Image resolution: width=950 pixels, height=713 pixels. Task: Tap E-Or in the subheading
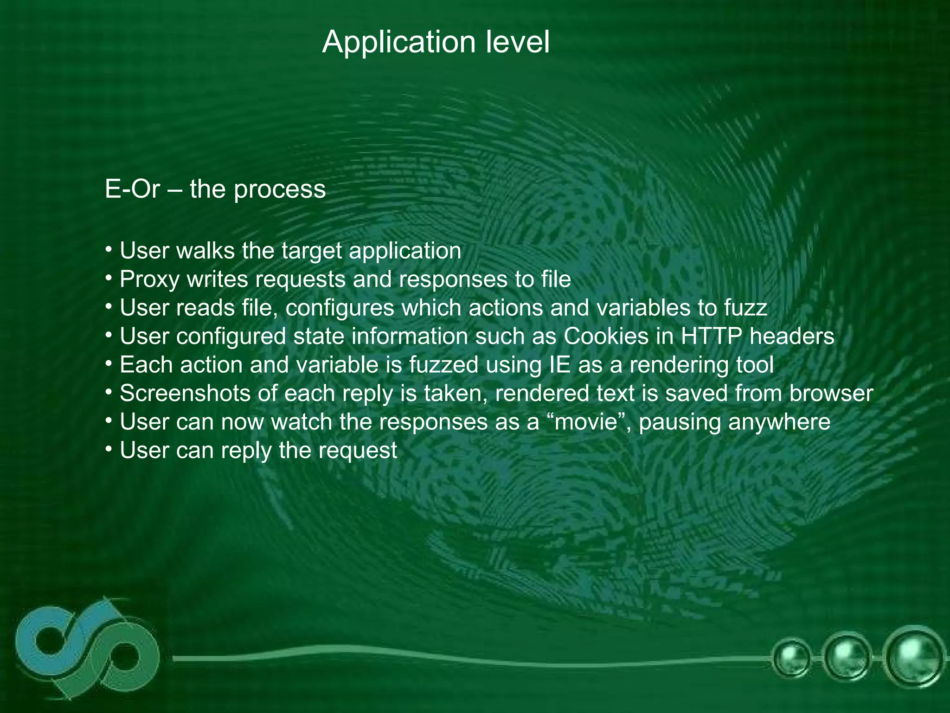(132, 189)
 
